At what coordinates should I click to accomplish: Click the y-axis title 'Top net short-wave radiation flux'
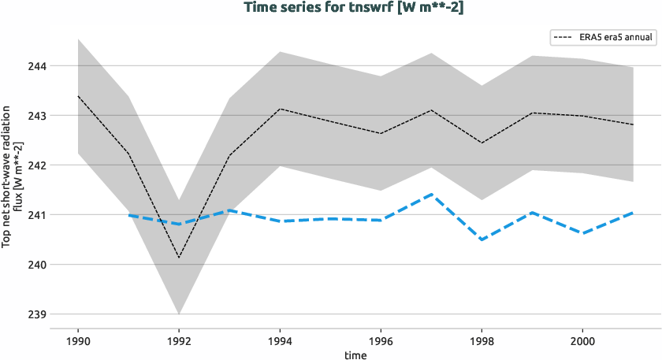coord(12,181)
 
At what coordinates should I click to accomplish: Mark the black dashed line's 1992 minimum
coord(179,258)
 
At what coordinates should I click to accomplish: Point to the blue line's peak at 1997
coord(431,194)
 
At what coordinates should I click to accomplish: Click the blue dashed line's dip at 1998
coord(482,239)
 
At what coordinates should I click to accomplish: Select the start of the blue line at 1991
coord(128,215)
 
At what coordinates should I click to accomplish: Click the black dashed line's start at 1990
coord(78,96)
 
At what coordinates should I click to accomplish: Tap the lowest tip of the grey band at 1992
coord(179,314)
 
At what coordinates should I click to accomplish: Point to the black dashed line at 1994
coord(280,109)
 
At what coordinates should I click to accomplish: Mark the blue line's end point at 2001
coord(633,213)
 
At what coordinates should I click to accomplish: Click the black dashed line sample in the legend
coord(564,37)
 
